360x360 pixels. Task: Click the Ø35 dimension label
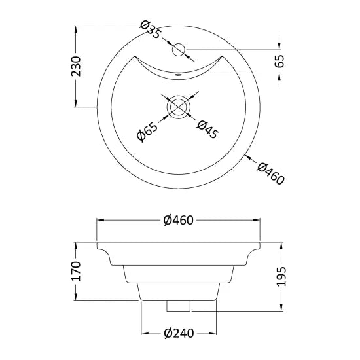coord(150,29)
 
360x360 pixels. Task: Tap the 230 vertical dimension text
coord(76,66)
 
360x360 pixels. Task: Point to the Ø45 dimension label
coord(207,129)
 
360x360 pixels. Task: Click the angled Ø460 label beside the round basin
coord(270,173)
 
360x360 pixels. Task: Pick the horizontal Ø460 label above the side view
coord(179,220)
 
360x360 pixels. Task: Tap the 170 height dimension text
coord(76,271)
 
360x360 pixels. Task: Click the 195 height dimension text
coord(281,276)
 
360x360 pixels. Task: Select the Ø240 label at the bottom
coord(179,333)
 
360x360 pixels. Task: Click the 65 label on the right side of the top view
coord(279,61)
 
